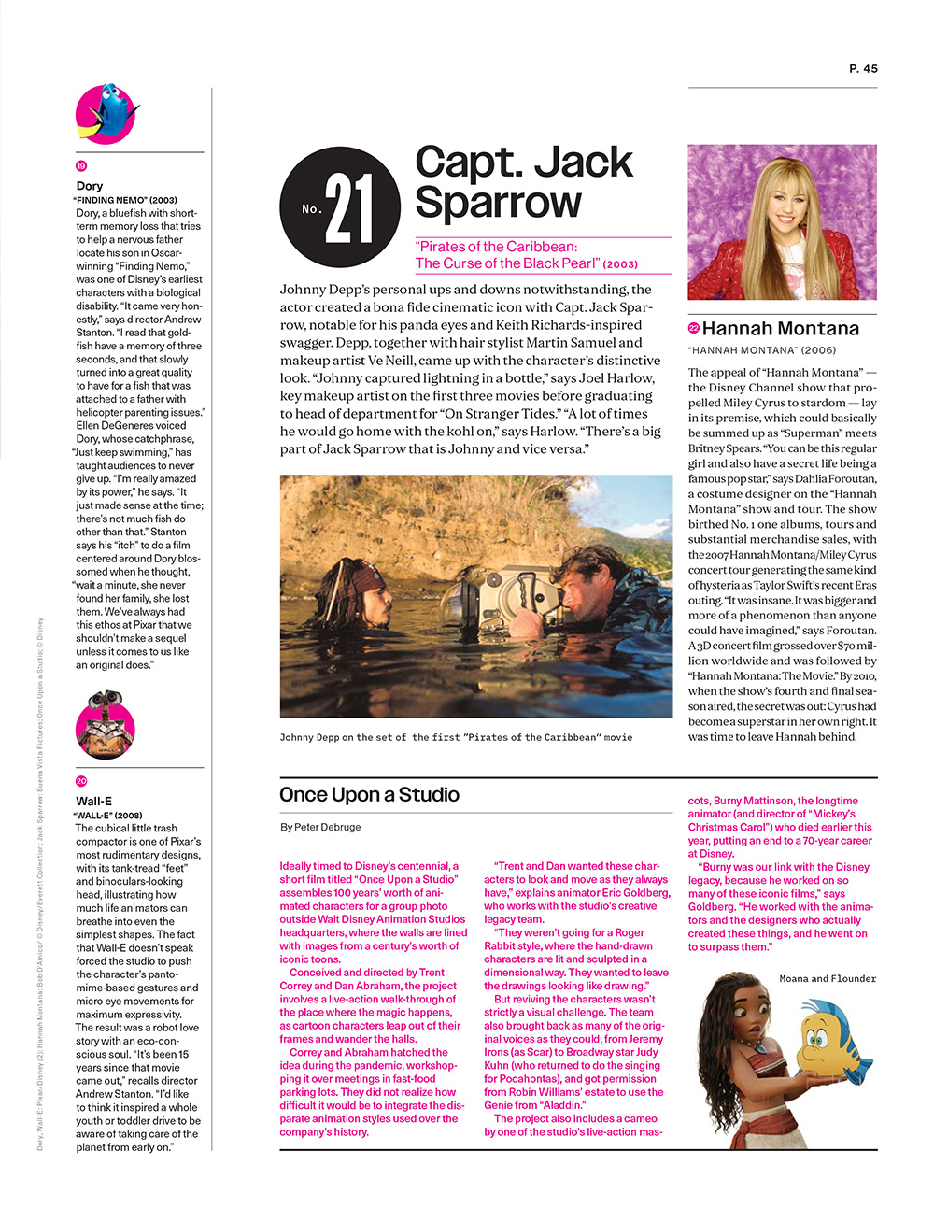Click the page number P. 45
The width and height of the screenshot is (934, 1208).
pos(863,68)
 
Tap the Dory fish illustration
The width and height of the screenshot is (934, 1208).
pos(106,113)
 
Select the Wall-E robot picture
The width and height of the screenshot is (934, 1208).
pos(105,723)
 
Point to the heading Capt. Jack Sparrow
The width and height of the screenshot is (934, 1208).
pos(524,182)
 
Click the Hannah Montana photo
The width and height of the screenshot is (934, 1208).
pos(782,222)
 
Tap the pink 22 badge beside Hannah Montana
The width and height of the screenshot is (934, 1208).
pos(693,328)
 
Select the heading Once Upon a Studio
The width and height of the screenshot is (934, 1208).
pos(369,795)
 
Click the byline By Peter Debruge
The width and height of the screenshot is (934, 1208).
pos(319,827)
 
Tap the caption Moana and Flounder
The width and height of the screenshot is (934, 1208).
pos(828,979)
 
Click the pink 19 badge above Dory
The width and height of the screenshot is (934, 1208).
pos(81,166)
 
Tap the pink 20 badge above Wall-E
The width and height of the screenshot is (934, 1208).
pos(81,781)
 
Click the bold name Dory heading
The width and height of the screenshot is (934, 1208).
pos(90,186)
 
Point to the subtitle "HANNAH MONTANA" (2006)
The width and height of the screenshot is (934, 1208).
pos(761,350)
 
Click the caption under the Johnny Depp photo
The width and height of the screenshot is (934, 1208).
pos(456,737)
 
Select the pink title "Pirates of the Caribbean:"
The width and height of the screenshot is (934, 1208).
pos(496,247)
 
